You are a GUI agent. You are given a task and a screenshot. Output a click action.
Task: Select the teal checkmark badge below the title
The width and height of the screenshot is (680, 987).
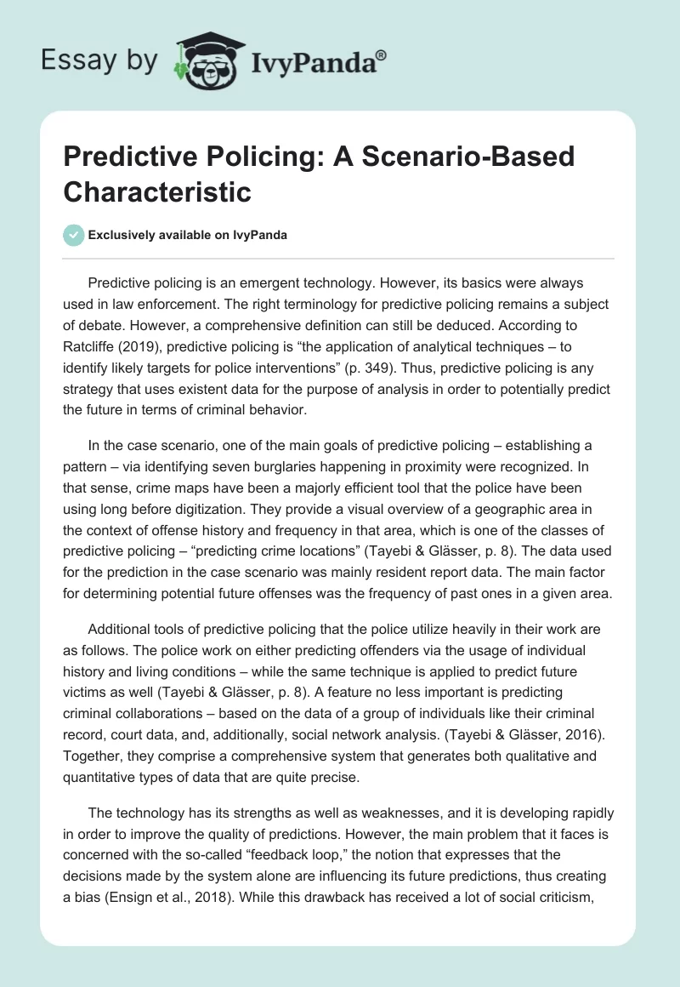point(75,235)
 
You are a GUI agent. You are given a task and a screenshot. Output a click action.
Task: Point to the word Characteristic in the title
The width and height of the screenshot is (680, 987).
point(157,191)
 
